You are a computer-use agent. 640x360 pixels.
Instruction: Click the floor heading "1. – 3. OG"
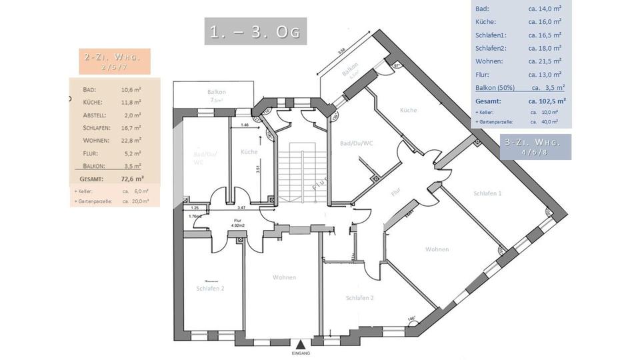pyautogui.click(x=255, y=32)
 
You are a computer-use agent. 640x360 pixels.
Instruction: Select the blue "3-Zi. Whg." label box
pyautogui.click(x=535, y=147)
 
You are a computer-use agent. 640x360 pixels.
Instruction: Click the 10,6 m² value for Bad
pyautogui.click(x=131, y=89)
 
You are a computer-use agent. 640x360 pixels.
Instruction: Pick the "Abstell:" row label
pyautogui.click(x=95, y=115)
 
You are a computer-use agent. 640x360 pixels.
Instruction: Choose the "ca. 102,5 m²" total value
pyautogui.click(x=547, y=101)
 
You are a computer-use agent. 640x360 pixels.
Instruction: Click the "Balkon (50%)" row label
pyautogui.click(x=497, y=87)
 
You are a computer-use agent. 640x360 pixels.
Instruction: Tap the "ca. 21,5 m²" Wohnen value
pyautogui.click(x=545, y=61)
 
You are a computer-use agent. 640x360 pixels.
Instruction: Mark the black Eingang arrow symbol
pyautogui.click(x=301, y=345)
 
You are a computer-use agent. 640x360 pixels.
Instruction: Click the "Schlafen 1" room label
pyautogui.click(x=487, y=193)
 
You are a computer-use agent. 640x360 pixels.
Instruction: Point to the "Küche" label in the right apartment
pyautogui.click(x=408, y=110)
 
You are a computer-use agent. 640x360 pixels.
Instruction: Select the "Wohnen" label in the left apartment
pyautogui.click(x=284, y=277)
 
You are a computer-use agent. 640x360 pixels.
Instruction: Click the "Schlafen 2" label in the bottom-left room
pyautogui.click(x=211, y=289)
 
